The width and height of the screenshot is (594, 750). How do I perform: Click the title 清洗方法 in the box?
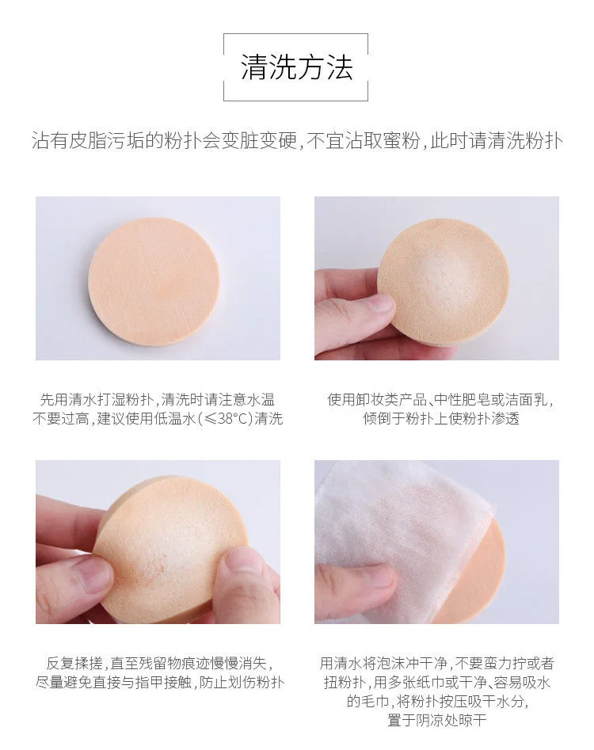(296, 67)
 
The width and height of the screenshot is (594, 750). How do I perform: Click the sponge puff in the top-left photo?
(154, 282)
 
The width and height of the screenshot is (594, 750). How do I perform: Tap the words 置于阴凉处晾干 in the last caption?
(436, 720)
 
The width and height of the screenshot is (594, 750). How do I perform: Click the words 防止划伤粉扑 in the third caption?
(242, 683)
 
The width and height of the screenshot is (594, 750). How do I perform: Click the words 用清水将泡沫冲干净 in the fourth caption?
(383, 664)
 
